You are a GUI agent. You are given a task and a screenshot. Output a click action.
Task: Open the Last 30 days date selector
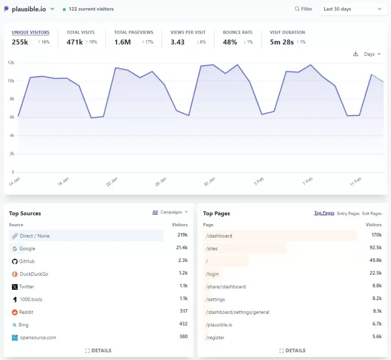[352, 9]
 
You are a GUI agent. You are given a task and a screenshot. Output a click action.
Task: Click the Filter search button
[304, 9]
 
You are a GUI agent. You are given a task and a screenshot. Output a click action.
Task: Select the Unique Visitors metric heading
[31, 32]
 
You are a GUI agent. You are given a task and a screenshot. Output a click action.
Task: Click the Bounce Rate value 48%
[230, 42]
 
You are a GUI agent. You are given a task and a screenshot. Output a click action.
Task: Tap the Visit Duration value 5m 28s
[282, 42]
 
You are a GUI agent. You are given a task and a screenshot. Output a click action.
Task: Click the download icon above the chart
[355, 54]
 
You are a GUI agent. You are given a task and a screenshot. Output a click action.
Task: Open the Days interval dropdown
[372, 54]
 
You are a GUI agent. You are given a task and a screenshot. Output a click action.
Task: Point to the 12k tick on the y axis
[11, 63]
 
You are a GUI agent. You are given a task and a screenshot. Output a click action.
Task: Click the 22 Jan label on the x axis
[112, 181]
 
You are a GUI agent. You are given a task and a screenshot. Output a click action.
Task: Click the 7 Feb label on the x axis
[307, 181]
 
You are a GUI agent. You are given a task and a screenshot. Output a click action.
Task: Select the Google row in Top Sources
[27, 249]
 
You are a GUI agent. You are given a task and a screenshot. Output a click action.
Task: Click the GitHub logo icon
[15, 262]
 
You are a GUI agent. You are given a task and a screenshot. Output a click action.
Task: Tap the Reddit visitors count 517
[184, 311]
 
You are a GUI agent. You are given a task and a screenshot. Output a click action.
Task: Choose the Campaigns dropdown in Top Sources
[174, 212]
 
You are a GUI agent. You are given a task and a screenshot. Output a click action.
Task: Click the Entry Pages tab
[348, 213]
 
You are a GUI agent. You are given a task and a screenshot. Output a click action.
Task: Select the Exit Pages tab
[372, 213]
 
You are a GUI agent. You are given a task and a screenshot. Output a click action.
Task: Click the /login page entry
[214, 274]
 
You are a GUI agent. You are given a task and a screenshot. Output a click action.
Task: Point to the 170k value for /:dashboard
[376, 235]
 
